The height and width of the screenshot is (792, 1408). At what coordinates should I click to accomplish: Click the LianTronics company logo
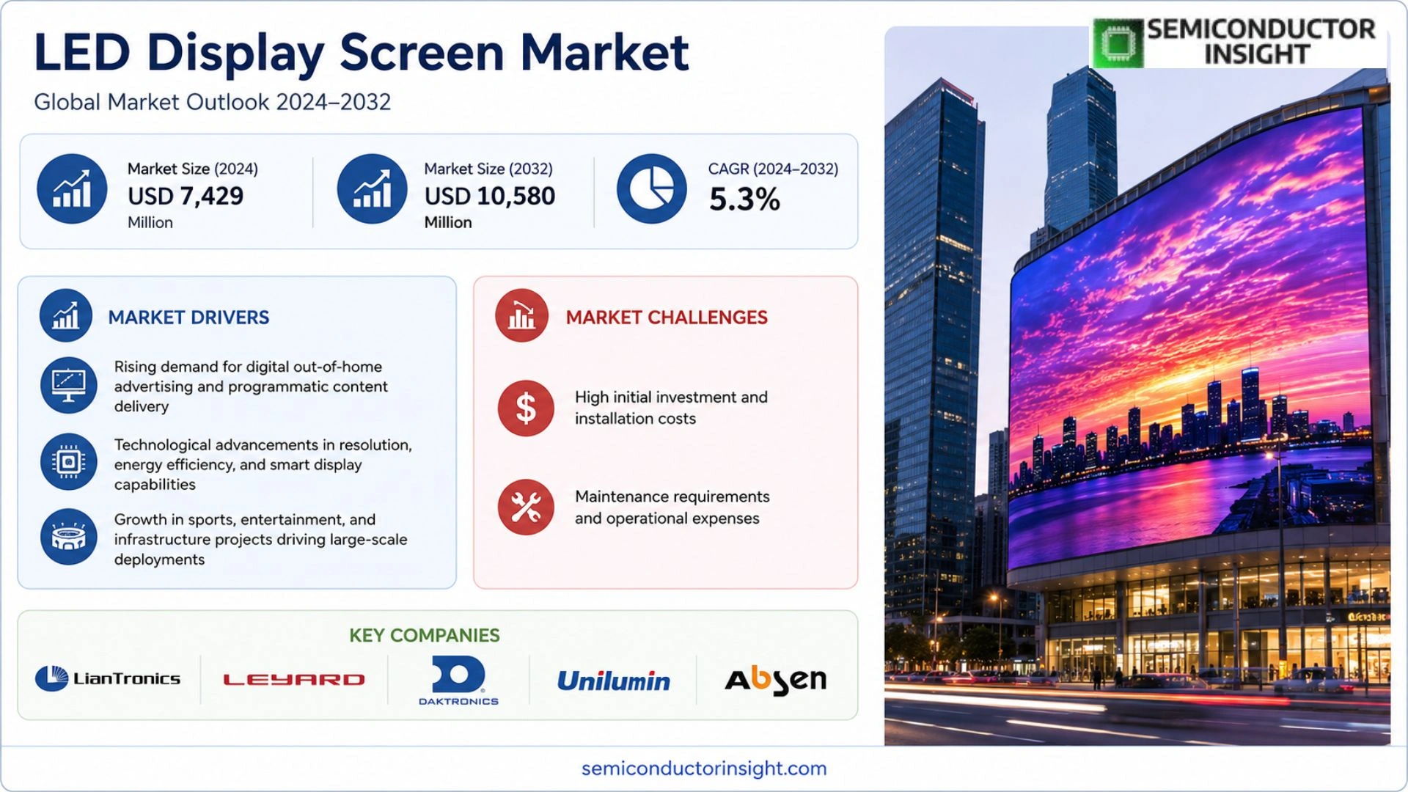[x=108, y=678]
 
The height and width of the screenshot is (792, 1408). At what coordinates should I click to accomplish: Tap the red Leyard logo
[x=294, y=680]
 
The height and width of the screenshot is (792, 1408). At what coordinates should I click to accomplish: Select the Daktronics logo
[x=458, y=681]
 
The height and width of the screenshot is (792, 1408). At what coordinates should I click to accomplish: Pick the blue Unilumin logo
[x=613, y=681]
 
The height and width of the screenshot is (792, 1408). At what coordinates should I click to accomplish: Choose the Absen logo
[x=776, y=681]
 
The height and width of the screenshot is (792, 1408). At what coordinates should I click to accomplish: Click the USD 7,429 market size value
[x=186, y=196]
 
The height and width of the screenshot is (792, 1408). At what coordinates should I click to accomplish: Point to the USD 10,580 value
[x=490, y=196]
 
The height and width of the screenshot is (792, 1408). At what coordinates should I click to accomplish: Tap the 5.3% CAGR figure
[x=744, y=199]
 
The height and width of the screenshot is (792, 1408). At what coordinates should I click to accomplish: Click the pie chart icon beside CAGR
[x=651, y=189]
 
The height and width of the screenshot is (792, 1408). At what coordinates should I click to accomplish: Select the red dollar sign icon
[x=526, y=408]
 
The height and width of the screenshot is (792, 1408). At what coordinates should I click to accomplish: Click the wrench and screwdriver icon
[x=526, y=507]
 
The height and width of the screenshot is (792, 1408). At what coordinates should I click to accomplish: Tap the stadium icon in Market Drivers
[x=69, y=537]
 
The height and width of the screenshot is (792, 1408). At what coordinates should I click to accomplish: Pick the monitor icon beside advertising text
[x=69, y=386]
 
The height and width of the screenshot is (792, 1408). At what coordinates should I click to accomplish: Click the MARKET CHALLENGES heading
[x=667, y=318]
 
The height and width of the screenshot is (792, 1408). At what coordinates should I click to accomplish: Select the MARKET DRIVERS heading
[x=188, y=318]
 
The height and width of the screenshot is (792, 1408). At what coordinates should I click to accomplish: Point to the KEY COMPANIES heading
[x=425, y=635]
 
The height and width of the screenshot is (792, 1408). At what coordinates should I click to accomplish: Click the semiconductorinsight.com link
[x=704, y=768]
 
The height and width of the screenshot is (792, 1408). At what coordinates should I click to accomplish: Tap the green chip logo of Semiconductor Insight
[x=1118, y=43]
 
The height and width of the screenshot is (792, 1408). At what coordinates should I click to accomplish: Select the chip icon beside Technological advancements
[x=69, y=462]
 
